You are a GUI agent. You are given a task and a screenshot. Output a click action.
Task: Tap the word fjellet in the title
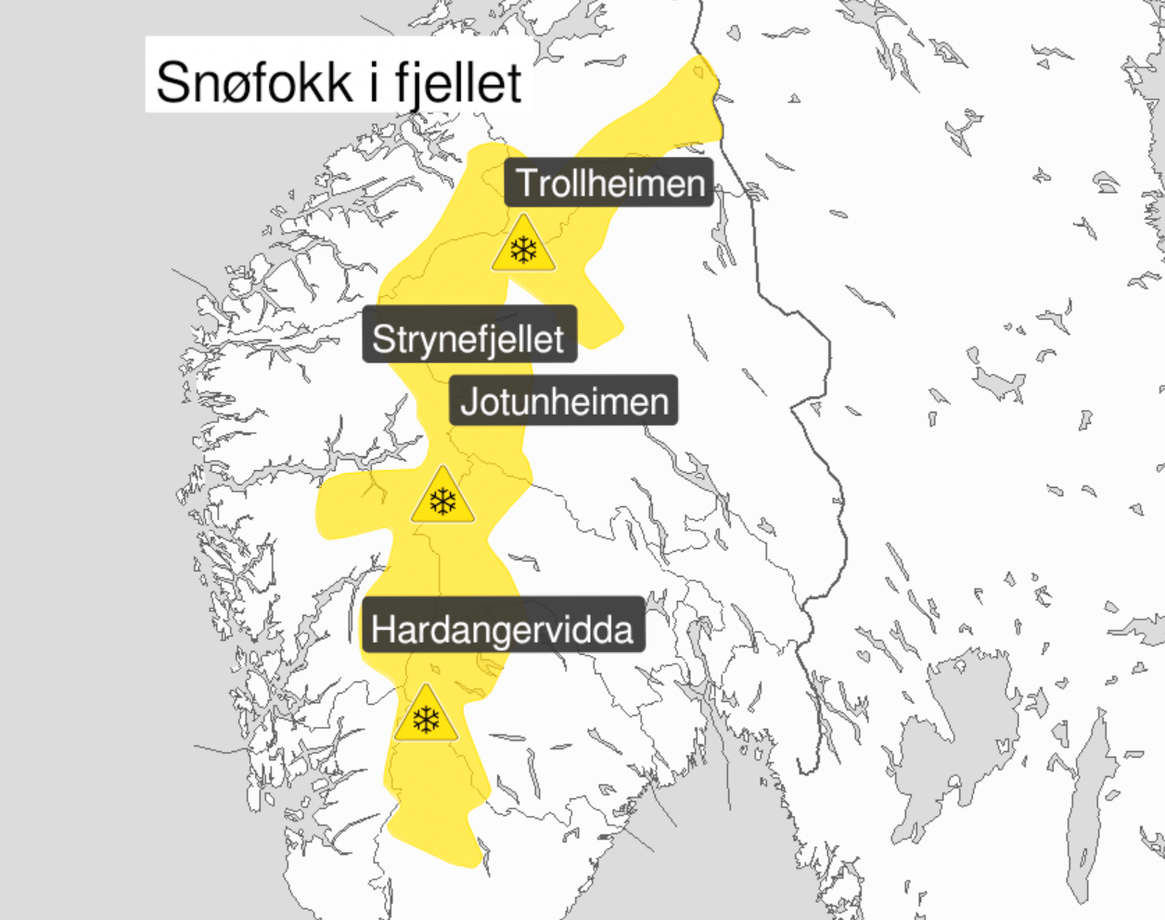[x=458, y=83]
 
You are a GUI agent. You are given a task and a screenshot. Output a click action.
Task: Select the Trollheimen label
[x=608, y=183]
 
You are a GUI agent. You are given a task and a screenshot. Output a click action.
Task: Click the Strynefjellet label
[x=468, y=339]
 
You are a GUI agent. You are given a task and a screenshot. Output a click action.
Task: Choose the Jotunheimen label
[x=564, y=402]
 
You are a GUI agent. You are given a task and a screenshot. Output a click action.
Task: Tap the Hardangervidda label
[x=502, y=630]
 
